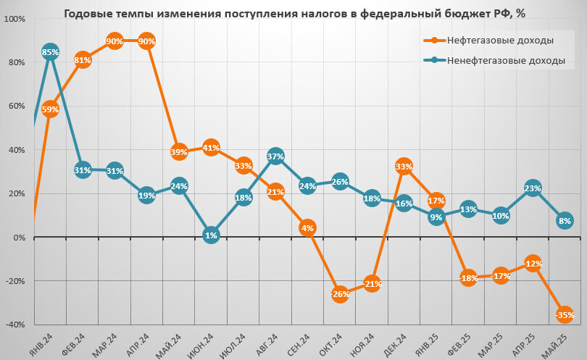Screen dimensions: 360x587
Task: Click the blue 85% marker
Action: tap(50, 52)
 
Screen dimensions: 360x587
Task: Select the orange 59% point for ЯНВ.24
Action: tap(50, 109)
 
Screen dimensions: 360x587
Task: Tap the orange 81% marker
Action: tap(82, 60)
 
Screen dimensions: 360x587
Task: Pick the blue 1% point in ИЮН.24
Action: tap(211, 235)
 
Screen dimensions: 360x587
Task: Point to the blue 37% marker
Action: tap(275, 156)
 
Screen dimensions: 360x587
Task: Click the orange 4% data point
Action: tap(307, 228)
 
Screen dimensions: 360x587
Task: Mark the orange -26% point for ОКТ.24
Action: tap(339, 294)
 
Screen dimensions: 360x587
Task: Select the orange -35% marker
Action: tap(565, 314)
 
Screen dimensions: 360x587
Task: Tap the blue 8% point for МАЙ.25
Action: tap(565, 220)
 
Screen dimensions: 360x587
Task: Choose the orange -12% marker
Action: tap(533, 264)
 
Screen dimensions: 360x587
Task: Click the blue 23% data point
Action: tap(533, 188)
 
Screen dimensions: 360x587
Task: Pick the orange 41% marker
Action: tap(211, 148)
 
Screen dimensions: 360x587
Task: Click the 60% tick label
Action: tap(16, 106)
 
